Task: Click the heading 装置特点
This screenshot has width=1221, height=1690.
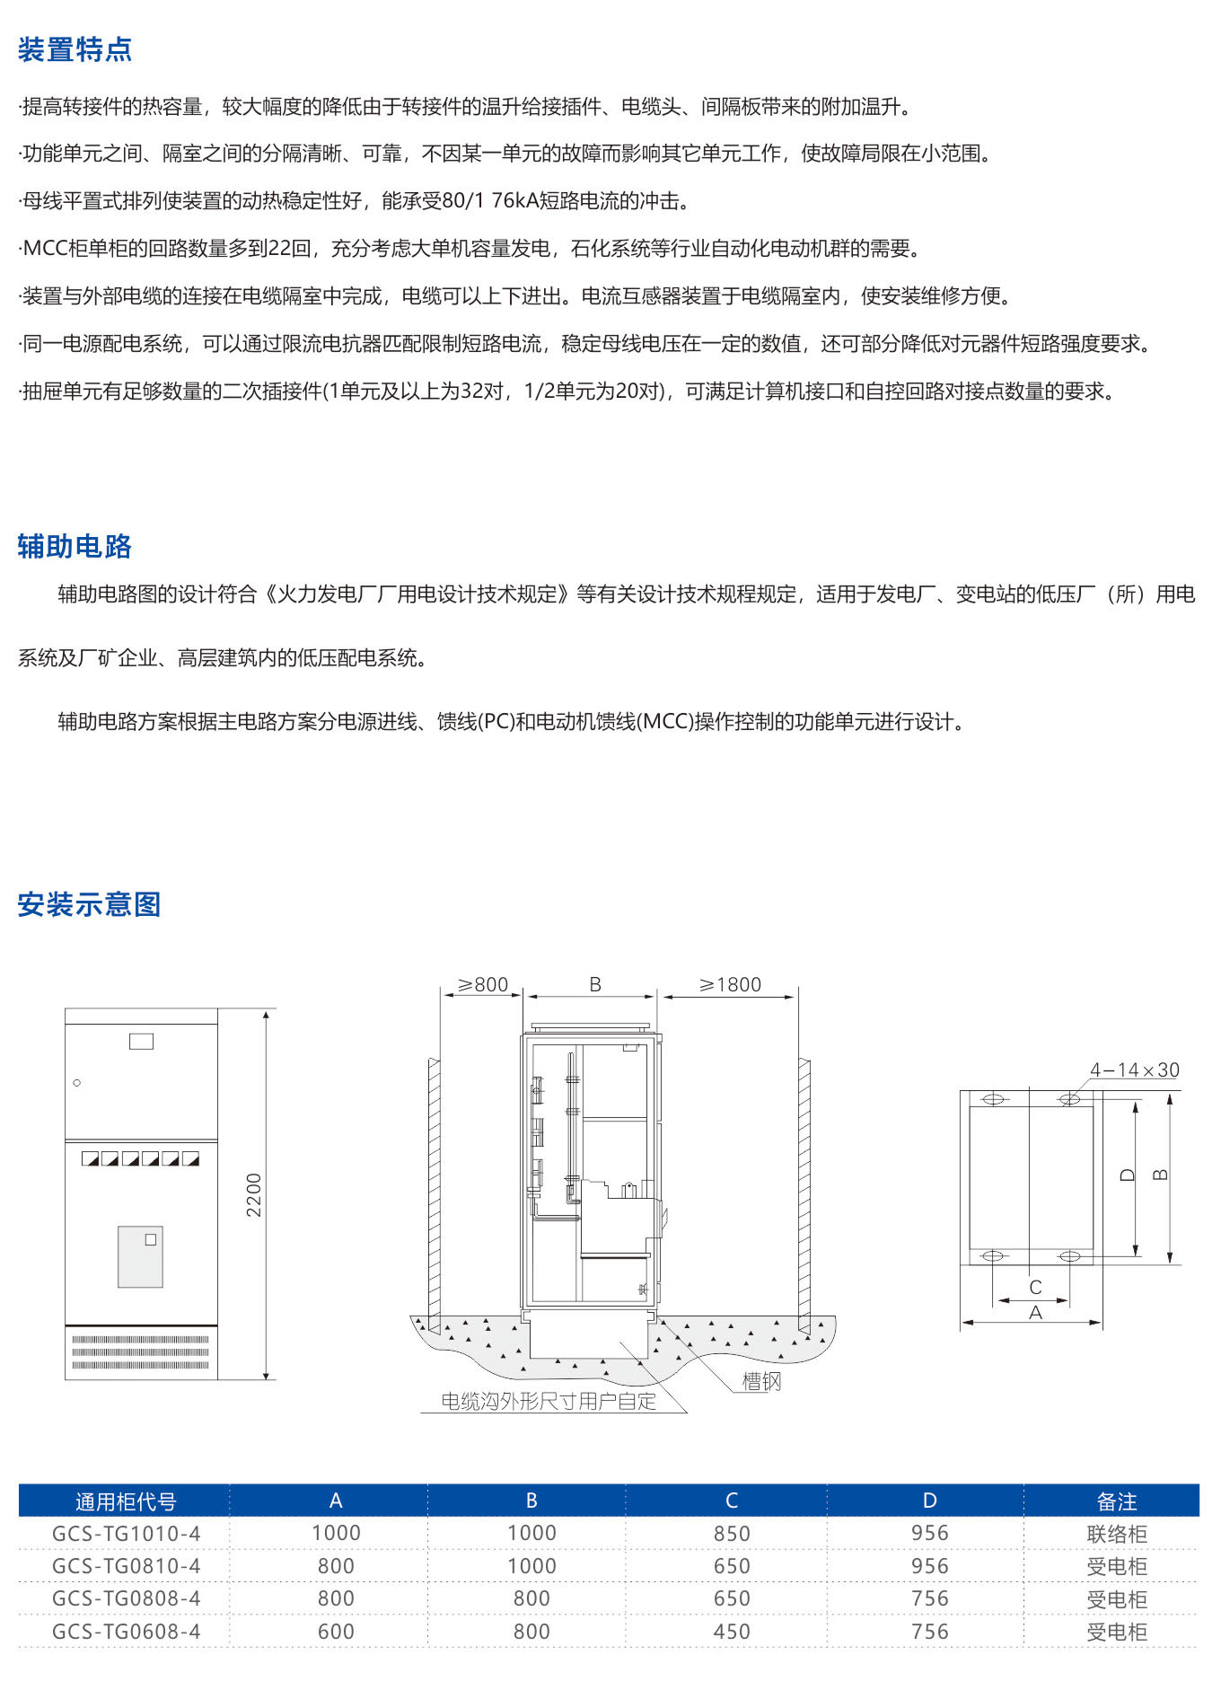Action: click(75, 49)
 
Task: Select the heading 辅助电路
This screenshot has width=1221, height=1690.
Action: click(75, 546)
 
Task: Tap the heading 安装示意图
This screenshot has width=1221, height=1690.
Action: click(89, 904)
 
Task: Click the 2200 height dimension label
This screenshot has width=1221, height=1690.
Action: click(254, 1194)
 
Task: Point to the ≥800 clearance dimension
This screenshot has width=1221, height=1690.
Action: click(483, 984)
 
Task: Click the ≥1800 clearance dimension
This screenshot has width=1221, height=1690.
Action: click(730, 984)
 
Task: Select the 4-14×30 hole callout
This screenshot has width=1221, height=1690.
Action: click(1134, 1069)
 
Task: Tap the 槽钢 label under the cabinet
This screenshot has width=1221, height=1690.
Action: click(761, 1382)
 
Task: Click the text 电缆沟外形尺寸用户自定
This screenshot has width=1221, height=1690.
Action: click(549, 1402)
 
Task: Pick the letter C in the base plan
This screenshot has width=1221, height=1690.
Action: click(1035, 1287)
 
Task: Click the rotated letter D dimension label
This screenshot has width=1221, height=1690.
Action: click(1129, 1175)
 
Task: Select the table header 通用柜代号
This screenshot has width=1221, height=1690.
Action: click(126, 1501)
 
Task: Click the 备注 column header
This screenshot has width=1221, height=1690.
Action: click(1116, 1501)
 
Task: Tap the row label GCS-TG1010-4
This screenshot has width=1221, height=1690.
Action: click(126, 1534)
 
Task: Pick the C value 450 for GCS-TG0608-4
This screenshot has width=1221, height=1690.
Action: click(731, 1632)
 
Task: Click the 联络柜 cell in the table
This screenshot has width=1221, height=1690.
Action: click(1116, 1534)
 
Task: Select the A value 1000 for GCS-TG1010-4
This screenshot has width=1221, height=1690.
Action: click(336, 1534)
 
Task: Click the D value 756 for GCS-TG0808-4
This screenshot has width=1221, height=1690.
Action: click(929, 1599)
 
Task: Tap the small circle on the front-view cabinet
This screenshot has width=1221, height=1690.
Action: click(77, 1082)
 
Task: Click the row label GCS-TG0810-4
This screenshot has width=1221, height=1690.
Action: click(126, 1566)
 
